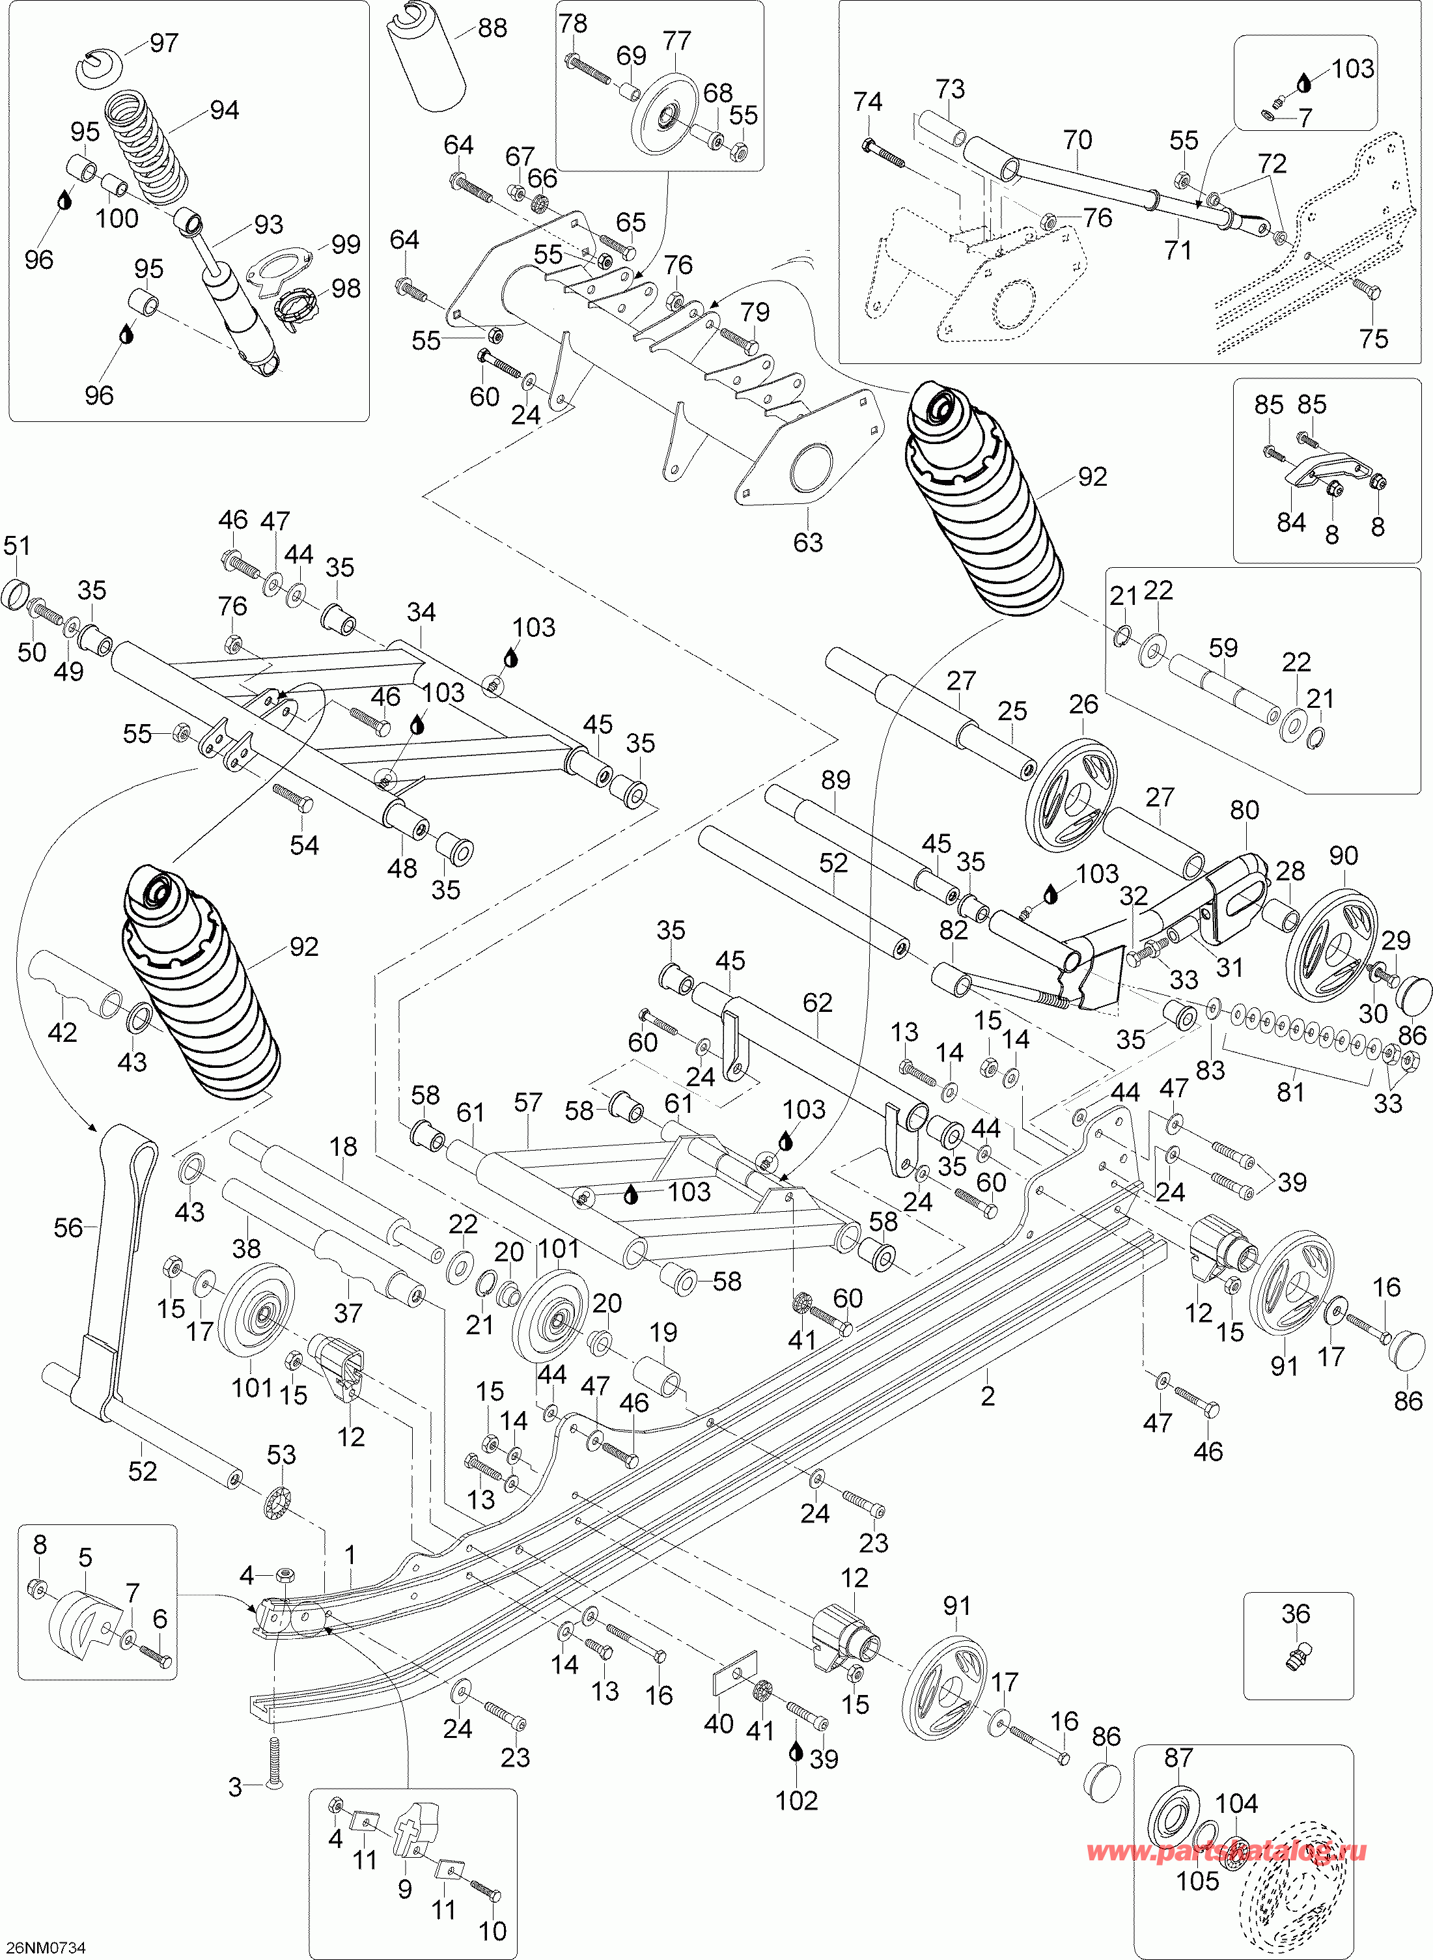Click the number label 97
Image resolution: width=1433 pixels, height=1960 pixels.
pos(164,42)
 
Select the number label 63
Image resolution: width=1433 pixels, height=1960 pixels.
pos(807,542)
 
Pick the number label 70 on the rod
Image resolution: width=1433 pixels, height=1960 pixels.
pos(1078,140)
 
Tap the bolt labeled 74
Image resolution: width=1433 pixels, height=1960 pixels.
pos(883,154)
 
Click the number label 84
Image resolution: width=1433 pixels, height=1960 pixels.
pos(1290,522)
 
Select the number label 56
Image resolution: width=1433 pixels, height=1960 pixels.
pos(68,1227)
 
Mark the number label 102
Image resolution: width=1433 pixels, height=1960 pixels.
pos(796,1800)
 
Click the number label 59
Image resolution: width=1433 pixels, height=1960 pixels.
pos(1223,647)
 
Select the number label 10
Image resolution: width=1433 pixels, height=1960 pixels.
pos(492,1931)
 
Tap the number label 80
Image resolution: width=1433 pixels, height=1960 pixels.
pos(1244,809)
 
